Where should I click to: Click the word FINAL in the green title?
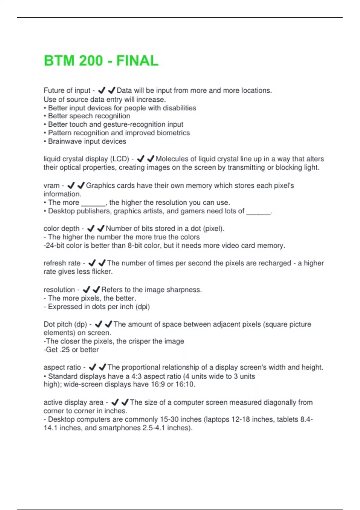click(x=137, y=61)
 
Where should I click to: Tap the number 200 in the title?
click(x=91, y=61)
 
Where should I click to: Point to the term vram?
click(x=52, y=186)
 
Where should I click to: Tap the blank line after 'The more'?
click(x=93, y=203)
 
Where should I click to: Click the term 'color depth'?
click(x=61, y=229)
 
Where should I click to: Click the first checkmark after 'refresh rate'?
click(x=92, y=263)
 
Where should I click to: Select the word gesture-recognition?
click(x=134, y=124)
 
